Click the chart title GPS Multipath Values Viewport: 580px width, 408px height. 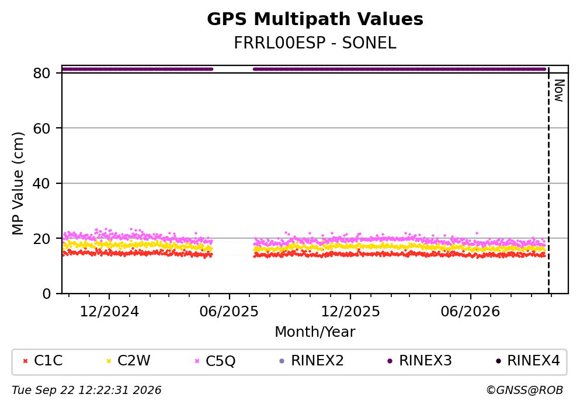[315, 19]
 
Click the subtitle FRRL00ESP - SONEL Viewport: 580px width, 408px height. [315, 43]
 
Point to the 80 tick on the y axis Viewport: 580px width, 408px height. [41, 73]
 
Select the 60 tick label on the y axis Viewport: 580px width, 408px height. [41, 128]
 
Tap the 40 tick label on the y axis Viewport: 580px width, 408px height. [41, 183]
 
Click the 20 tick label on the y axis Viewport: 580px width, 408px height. [41, 239]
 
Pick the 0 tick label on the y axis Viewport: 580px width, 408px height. [46, 294]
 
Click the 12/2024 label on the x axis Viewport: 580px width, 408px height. [109, 312]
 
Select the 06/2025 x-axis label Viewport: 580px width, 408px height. [229, 312]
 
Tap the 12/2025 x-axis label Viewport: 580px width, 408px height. [350, 312]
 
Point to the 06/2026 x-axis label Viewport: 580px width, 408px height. [470, 312]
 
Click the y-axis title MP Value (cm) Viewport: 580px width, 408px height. [18, 183]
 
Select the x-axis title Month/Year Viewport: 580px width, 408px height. [315, 332]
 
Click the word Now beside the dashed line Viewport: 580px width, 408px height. [559, 90]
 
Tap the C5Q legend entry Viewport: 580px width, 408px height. [215, 361]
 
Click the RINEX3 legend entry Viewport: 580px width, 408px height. [419, 361]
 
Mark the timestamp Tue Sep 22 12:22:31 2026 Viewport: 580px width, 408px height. [86, 390]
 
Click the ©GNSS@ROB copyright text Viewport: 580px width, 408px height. [525, 390]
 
